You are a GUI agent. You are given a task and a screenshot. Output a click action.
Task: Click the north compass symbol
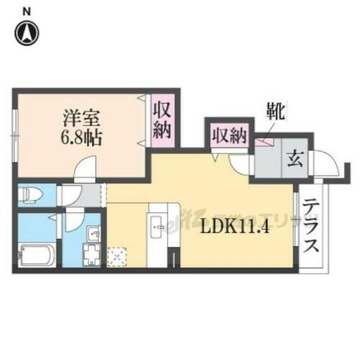point(27,32)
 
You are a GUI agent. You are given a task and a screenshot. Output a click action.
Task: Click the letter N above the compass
point(27,10)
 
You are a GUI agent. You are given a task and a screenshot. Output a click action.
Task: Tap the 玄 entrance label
point(294,158)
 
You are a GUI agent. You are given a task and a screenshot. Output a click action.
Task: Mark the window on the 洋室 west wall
point(14,135)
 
